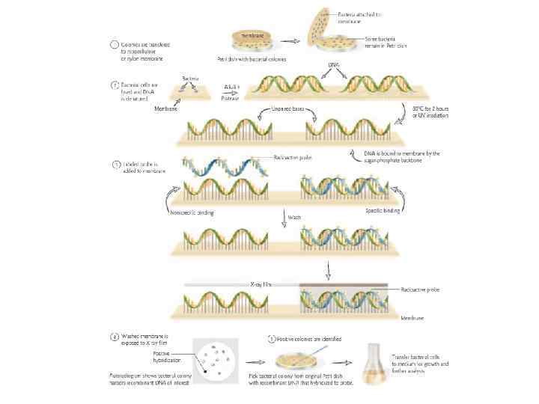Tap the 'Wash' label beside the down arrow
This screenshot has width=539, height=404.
(x=293, y=218)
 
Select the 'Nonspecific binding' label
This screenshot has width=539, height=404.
(x=193, y=212)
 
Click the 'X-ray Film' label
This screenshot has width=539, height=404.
(x=262, y=284)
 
